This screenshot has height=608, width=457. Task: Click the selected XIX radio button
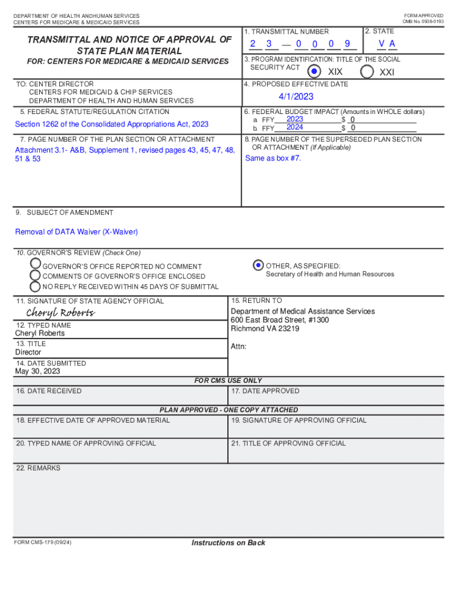315,71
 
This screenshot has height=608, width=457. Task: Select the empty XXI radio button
367,71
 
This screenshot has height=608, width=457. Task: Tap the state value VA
388,44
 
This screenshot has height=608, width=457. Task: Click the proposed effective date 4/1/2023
296,97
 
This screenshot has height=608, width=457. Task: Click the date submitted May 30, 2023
37,372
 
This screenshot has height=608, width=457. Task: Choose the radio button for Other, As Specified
258,265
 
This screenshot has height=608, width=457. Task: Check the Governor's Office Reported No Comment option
36,263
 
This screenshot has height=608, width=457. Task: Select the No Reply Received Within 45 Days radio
36,286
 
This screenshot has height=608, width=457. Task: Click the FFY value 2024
295,127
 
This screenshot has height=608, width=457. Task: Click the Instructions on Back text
228,543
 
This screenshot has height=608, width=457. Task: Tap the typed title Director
28,352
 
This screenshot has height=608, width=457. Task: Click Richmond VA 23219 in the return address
265,328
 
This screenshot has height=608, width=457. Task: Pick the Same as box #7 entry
273,159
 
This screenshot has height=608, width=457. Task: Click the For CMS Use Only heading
228,381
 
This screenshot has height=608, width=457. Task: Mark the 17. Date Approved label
265,391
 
